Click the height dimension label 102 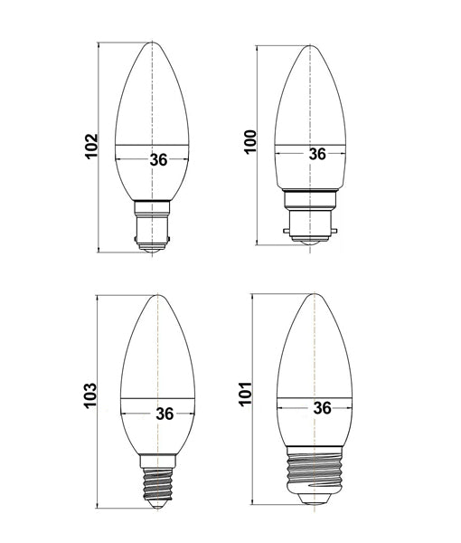point(90,148)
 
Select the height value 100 point(250,143)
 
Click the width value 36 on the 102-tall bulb point(158,160)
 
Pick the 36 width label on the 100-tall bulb point(316,154)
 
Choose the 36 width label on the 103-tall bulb point(164,414)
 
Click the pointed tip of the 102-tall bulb point(153,43)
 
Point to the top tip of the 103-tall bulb point(157,296)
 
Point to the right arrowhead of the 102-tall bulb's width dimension point(189,160)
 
